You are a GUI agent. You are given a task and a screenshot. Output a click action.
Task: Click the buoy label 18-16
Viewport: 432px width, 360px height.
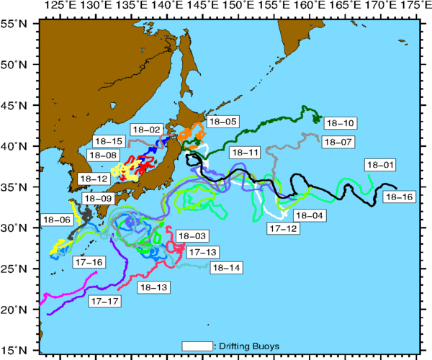[400, 197]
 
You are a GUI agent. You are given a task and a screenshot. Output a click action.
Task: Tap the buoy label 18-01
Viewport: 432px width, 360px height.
[380, 165]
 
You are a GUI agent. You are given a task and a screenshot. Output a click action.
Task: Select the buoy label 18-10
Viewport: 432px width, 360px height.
[339, 122]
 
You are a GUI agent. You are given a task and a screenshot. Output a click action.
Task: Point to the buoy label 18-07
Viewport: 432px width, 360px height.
[337, 142]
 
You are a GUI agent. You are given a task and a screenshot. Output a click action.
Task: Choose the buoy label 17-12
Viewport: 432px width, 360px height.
[282, 228]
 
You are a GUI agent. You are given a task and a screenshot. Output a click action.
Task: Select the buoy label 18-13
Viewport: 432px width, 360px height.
[151, 287]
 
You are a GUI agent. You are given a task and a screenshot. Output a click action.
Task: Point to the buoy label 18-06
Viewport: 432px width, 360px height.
[57, 220]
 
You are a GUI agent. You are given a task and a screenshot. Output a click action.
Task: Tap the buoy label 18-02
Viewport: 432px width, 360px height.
[146, 130]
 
